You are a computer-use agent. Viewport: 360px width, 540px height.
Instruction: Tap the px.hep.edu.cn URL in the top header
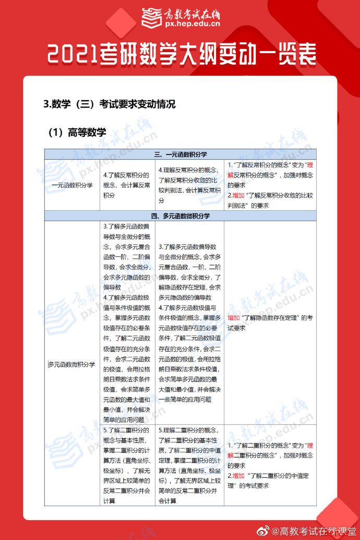click(192, 23)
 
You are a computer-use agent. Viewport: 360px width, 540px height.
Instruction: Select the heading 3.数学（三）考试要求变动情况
click(110, 104)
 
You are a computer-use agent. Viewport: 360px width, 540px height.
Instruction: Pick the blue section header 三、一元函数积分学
click(181, 154)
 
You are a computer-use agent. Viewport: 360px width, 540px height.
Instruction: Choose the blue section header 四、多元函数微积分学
click(181, 215)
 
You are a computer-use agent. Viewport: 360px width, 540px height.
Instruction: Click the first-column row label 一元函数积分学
click(72, 185)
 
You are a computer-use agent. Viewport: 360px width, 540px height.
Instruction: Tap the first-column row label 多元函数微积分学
click(72, 364)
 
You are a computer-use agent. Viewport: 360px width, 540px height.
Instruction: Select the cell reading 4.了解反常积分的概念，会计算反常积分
click(127, 185)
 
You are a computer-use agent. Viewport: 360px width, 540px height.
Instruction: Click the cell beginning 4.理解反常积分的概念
click(189, 185)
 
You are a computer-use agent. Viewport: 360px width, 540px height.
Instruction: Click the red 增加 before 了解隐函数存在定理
click(234, 318)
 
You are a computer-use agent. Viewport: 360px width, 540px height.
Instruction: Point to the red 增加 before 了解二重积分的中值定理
click(238, 475)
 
